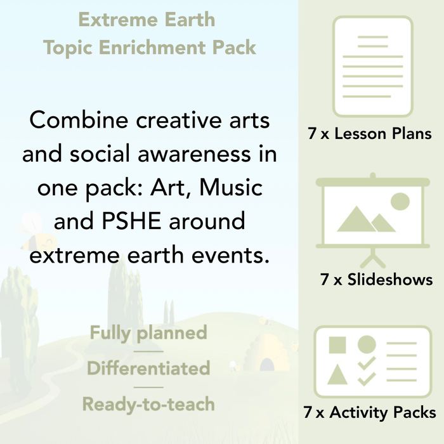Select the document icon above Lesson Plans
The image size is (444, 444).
[x=372, y=66]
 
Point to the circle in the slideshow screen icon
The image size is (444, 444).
[x=400, y=202]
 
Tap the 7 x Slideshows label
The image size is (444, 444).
[x=377, y=279]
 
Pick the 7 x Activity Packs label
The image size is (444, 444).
[x=370, y=412]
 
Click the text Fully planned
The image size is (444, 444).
[x=148, y=332]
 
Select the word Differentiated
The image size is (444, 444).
[x=148, y=368]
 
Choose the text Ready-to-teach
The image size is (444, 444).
[x=148, y=403]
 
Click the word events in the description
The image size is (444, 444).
[x=235, y=256]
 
